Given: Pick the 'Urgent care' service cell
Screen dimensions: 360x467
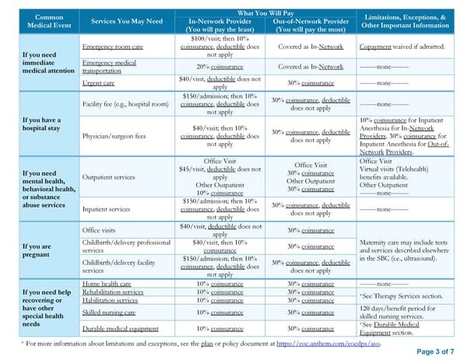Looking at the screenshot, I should [99, 82].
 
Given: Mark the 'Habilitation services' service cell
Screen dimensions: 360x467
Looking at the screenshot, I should [112, 300].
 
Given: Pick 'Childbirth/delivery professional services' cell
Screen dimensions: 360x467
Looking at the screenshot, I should [126, 246].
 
